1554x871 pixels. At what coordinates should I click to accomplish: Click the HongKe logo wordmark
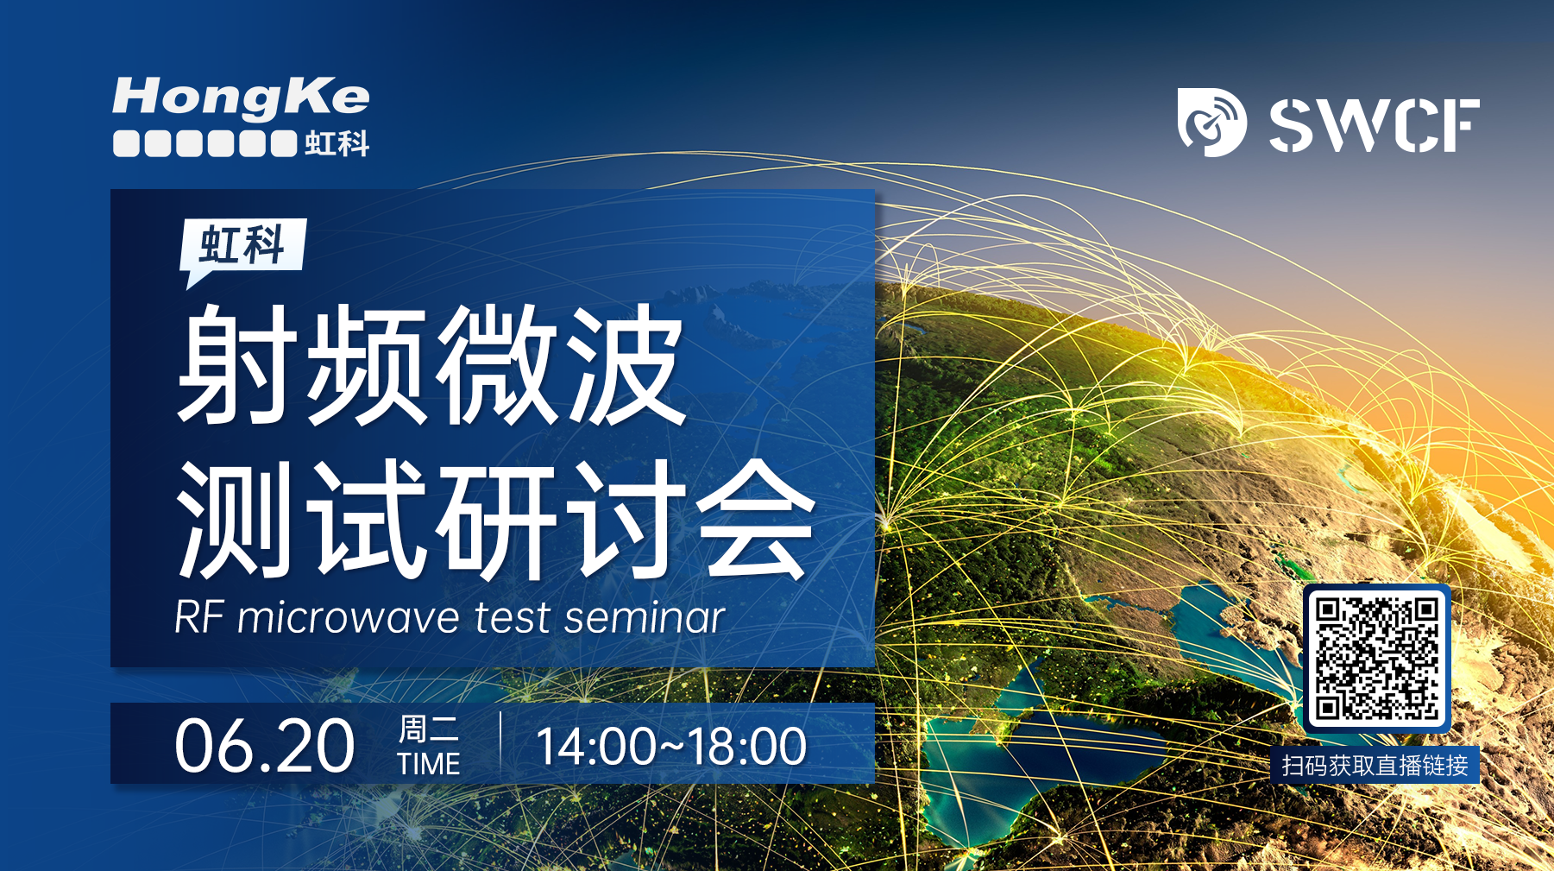tap(241, 98)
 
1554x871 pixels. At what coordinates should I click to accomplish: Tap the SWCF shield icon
tap(1211, 122)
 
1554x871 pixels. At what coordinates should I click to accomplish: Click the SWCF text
tap(1374, 125)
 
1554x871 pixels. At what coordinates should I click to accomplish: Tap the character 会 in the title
tap(756, 518)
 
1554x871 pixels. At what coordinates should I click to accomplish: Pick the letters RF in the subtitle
tap(200, 618)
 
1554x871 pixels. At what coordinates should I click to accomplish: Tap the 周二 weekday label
tap(429, 729)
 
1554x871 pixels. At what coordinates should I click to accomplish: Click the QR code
tap(1377, 659)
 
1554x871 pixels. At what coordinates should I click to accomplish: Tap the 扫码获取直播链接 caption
tap(1375, 766)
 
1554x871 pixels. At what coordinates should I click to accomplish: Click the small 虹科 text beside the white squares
tap(337, 143)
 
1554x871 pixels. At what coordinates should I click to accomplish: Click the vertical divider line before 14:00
tap(501, 744)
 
